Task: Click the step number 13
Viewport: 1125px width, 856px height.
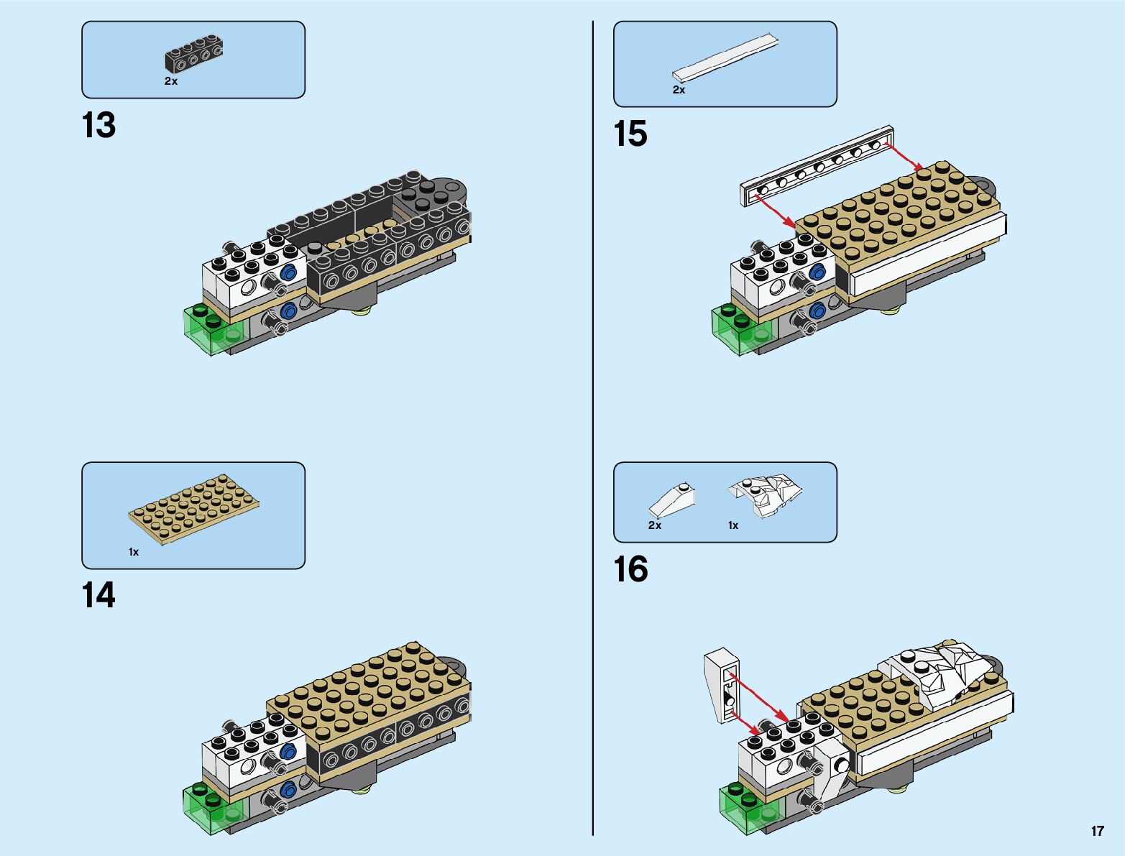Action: pos(99,126)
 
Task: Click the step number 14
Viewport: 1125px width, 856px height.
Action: pos(98,596)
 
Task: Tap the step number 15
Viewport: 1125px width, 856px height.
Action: pos(630,134)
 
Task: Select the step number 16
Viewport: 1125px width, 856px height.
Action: pos(630,570)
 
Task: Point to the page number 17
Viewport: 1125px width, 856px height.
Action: pos(1097,831)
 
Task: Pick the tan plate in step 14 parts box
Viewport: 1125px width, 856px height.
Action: pos(194,507)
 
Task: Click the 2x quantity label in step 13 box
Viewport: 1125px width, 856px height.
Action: pos(170,81)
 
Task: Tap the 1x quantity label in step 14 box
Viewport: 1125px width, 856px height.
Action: pos(134,552)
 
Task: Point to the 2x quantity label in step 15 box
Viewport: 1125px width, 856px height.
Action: pos(679,90)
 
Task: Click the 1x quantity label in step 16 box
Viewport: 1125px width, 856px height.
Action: pos(733,525)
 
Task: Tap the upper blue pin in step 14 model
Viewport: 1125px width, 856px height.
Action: pos(290,752)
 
